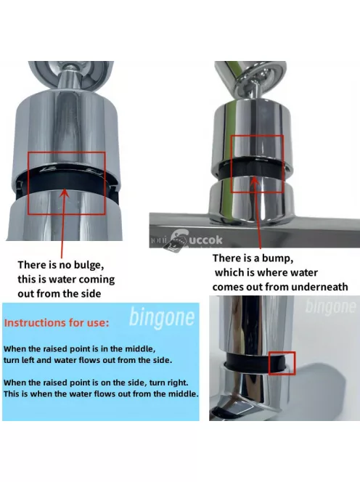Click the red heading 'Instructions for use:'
57,323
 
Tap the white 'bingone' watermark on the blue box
162,317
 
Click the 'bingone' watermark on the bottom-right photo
330,306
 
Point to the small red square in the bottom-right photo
282,364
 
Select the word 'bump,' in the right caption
278,258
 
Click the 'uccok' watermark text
205,240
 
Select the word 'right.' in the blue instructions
178,383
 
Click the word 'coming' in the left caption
99,279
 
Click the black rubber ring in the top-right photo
251,168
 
